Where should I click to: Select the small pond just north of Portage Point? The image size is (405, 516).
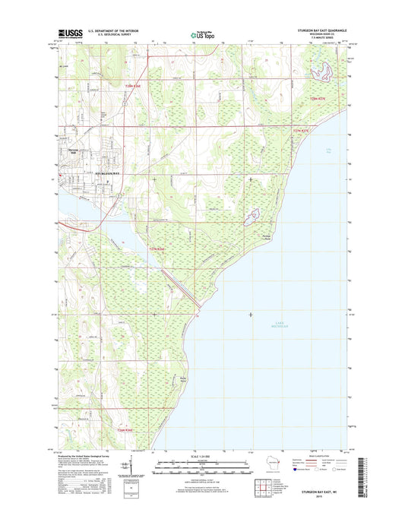click(252, 217)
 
